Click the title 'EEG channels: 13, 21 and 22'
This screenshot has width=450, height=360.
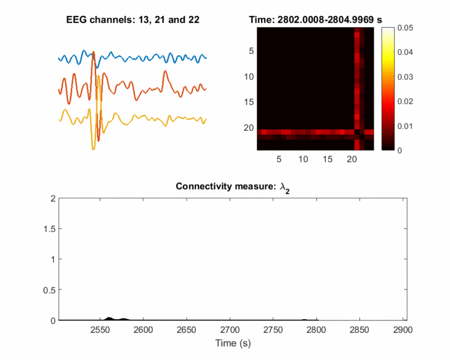tap(132, 20)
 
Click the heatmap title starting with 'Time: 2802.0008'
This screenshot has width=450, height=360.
tap(313, 20)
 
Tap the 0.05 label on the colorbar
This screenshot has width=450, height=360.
tap(404, 27)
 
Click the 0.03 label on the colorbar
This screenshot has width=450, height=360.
tap(404, 76)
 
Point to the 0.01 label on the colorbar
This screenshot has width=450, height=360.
tap(404, 126)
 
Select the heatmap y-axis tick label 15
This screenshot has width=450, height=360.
tap(249, 102)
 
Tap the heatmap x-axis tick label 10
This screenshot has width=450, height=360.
tap(303, 159)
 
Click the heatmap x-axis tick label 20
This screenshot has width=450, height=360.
tap(352, 159)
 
